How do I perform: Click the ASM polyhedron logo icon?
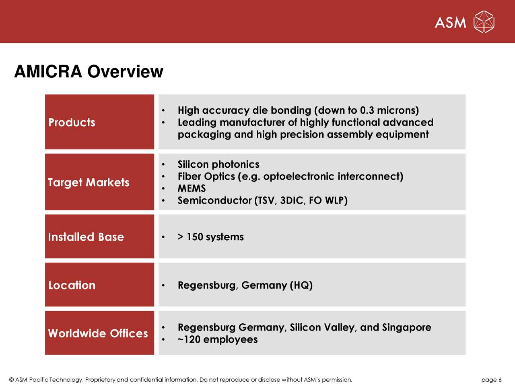[484, 22]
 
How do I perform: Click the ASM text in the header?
[450, 23]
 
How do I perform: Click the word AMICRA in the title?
[48, 72]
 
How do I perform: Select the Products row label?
[72, 123]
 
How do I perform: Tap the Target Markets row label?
[89, 183]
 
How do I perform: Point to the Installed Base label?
[86, 237]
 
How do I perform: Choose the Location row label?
[72, 285]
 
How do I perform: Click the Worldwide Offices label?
[98, 333]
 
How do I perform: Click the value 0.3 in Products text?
[367, 110]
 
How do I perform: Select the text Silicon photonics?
[218, 164]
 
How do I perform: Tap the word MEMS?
[192, 189]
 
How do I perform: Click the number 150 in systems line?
[195, 237]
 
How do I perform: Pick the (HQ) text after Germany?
[301, 285]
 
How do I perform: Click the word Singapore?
[406, 327]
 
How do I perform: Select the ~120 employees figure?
[217, 339]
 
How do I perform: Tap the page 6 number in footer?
[491, 380]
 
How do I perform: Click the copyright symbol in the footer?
[11, 380]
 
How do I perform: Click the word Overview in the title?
[125, 72]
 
